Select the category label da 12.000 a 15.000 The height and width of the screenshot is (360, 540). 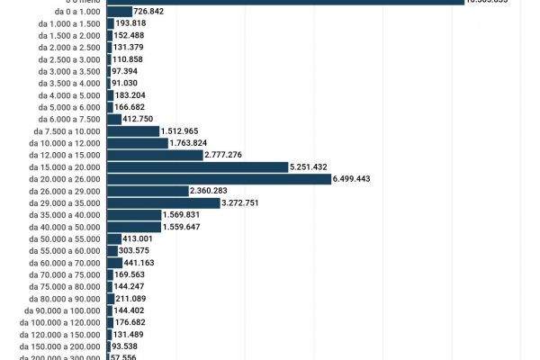(66, 155)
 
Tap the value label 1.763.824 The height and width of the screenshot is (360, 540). (188, 143)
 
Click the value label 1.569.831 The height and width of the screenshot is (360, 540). (183, 214)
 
